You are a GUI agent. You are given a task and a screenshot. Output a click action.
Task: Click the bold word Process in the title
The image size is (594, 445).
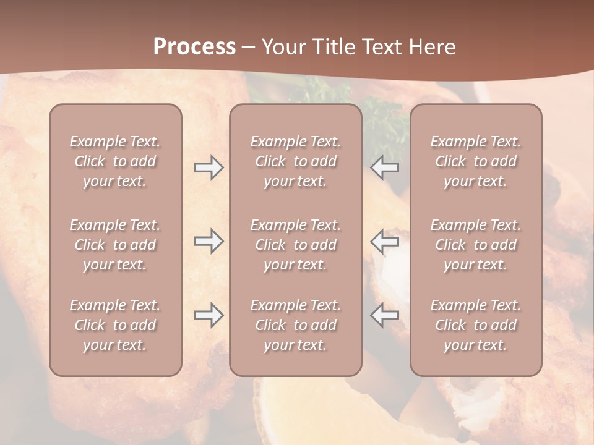click(194, 47)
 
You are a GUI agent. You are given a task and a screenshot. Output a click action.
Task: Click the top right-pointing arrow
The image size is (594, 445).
click(209, 167)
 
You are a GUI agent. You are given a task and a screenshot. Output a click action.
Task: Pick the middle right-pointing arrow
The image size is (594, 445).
click(209, 241)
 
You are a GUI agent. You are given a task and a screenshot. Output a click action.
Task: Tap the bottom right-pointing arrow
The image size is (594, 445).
click(209, 315)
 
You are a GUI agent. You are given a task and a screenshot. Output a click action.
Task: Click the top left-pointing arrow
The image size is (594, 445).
click(385, 167)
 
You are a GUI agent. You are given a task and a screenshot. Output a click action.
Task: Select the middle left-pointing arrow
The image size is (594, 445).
click(385, 241)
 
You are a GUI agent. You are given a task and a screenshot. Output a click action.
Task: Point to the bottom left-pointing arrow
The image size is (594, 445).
click(385, 315)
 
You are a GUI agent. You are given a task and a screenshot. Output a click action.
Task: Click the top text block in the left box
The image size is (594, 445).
click(115, 161)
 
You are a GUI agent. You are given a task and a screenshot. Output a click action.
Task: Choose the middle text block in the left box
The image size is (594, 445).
click(115, 245)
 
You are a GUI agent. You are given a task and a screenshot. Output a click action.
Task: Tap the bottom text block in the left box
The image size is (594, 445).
click(115, 325)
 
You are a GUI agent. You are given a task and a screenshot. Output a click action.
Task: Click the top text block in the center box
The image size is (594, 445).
click(295, 161)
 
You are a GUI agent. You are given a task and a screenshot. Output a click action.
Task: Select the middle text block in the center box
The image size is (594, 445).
click(295, 245)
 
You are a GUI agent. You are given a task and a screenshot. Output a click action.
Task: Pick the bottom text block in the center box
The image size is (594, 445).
click(295, 325)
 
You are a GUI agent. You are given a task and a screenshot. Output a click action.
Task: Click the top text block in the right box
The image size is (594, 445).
click(475, 161)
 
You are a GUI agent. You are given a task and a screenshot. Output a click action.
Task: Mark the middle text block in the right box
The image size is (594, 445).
click(475, 245)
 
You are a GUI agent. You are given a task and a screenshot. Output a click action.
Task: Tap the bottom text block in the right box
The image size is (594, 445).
click(475, 325)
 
